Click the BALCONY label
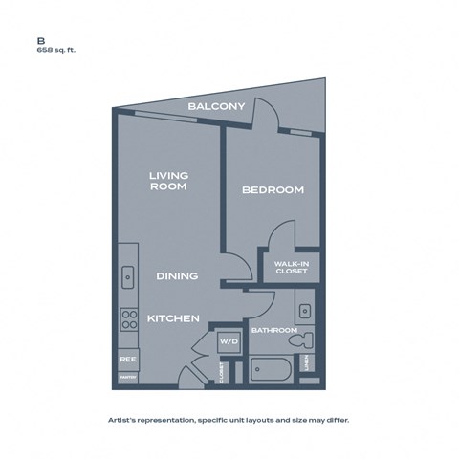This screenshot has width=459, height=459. pyautogui.click(x=218, y=105)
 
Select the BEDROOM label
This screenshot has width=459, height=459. pyautogui.click(x=273, y=190)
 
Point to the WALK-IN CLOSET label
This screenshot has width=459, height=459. pyautogui.click(x=291, y=268)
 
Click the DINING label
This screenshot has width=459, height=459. pyautogui.click(x=177, y=276)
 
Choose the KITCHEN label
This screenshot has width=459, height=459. pyautogui.click(x=173, y=317)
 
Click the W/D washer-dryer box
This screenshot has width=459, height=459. pyautogui.click(x=229, y=340)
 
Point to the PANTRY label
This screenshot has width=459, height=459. pyautogui.click(x=126, y=379)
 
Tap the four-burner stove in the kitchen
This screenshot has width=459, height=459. pyautogui.click(x=127, y=321)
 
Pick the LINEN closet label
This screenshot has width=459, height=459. pyautogui.click(x=306, y=364)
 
